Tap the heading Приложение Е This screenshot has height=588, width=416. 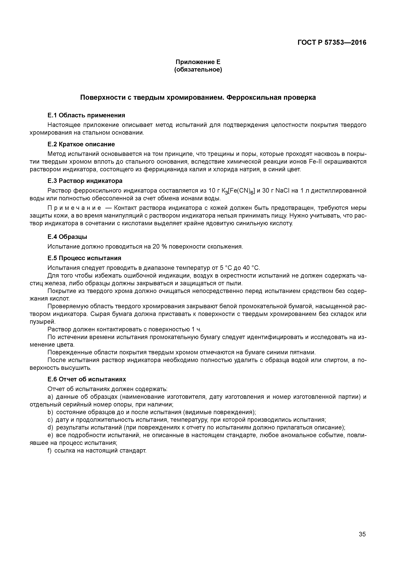click(x=198, y=62)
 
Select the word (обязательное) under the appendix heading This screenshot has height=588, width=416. click(x=198, y=70)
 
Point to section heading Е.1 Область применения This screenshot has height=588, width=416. click(x=86, y=115)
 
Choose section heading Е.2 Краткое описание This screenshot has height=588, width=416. click(x=81, y=144)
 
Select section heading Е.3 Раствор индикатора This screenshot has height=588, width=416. click(x=85, y=181)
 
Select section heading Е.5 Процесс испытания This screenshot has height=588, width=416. click(x=84, y=258)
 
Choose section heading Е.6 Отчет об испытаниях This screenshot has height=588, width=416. click(x=87, y=379)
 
